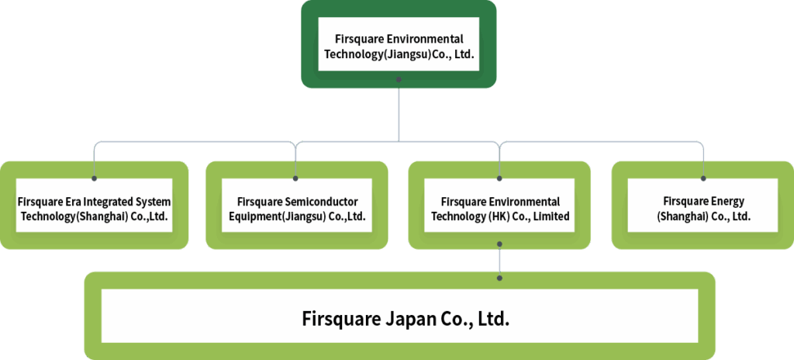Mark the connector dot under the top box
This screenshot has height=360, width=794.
(399, 79)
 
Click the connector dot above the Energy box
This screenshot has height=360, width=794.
(703, 178)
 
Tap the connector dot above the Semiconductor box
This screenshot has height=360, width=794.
(296, 178)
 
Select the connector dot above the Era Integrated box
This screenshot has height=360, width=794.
(94, 178)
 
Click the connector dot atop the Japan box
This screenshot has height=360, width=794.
(500, 277)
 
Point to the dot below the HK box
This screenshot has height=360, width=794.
(500, 244)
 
